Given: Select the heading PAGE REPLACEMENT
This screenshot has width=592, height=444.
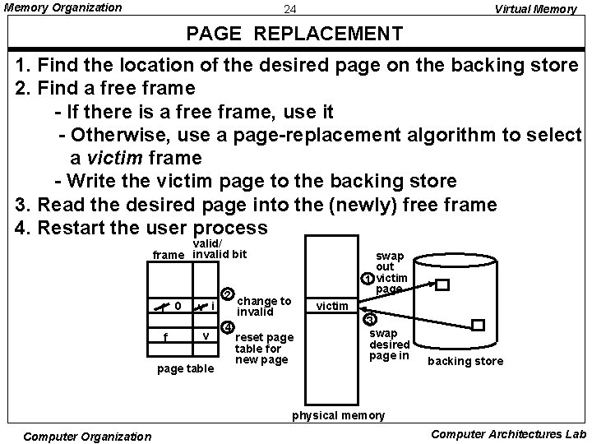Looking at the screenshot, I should tap(294, 35).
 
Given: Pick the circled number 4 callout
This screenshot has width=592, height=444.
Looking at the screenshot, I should tap(228, 326).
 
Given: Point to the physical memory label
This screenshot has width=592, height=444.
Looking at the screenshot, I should tap(338, 415).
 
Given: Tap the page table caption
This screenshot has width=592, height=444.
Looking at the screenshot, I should tap(185, 368).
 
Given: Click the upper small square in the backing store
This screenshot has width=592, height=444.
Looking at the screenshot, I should tap(442, 285).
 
